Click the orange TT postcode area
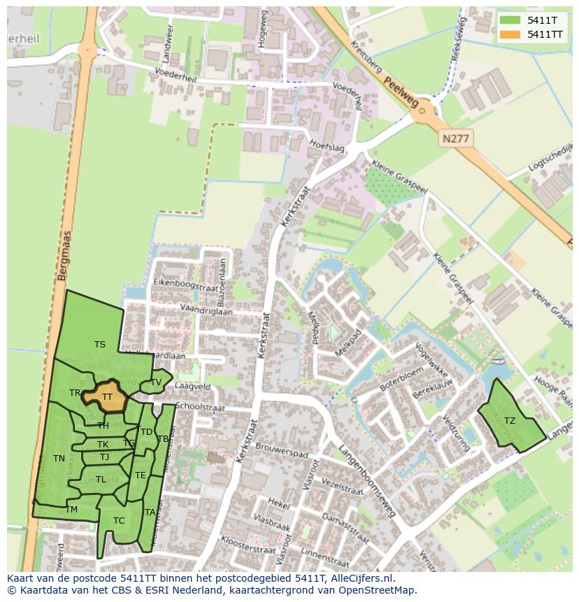click(106, 396)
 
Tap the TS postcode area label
click(100, 344)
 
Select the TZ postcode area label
click(509, 421)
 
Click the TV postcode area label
click(156, 382)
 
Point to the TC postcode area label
click(119, 520)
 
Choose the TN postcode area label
click(59, 459)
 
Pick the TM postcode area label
click(71, 510)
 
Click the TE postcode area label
click(141, 475)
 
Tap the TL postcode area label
click(101, 480)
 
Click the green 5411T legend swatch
click(510, 20)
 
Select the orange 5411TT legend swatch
click(510, 34)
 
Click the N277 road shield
click(456, 139)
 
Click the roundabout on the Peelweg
click(423, 110)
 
